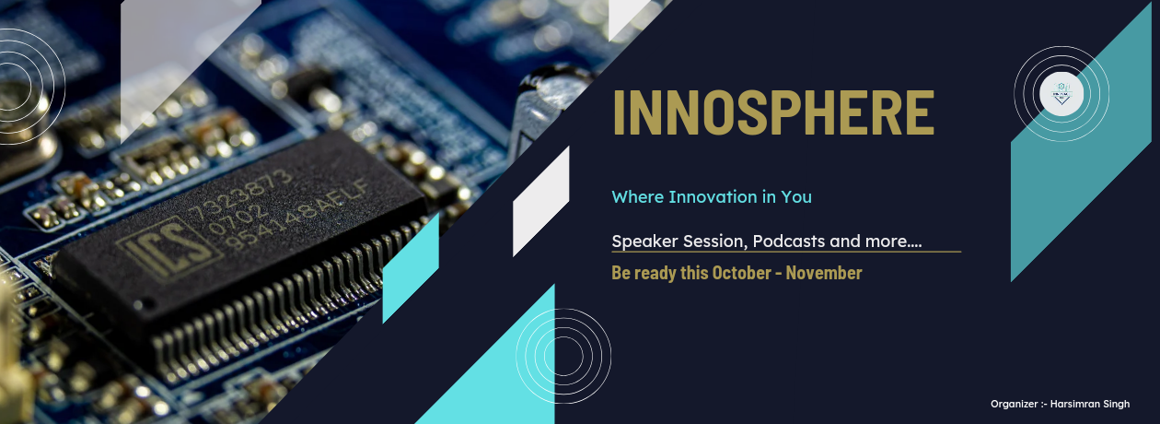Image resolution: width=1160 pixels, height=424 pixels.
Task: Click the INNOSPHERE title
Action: tap(772, 113)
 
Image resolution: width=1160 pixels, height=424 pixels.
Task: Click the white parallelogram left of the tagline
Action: tap(540, 200)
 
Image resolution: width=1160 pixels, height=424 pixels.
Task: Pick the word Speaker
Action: tap(644, 241)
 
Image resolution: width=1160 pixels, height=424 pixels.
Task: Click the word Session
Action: tap(717, 241)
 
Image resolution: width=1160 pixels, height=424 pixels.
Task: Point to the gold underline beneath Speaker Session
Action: tap(785, 252)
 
